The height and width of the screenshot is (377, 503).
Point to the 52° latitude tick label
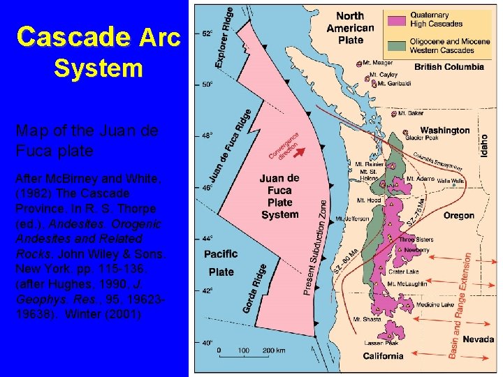tap(207, 34)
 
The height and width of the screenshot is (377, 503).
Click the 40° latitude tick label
tap(207, 343)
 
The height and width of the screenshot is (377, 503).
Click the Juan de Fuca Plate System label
tap(279, 196)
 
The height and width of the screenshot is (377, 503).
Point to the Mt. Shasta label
tap(367, 320)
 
